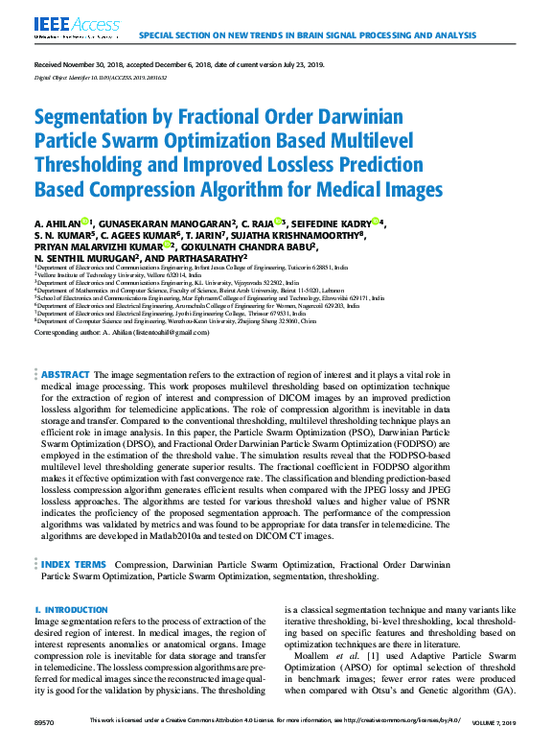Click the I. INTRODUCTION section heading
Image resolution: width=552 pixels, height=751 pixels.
[71, 610]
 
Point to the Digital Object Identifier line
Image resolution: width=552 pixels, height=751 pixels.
[94, 77]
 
